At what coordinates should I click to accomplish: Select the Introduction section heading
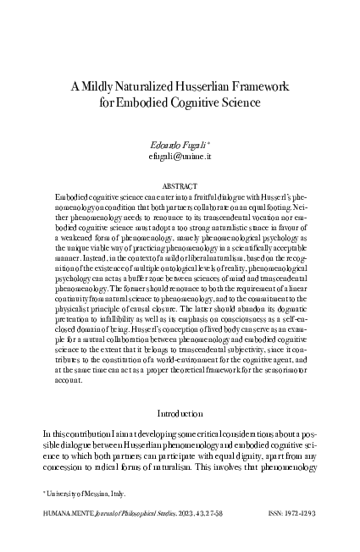click(x=180, y=412)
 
